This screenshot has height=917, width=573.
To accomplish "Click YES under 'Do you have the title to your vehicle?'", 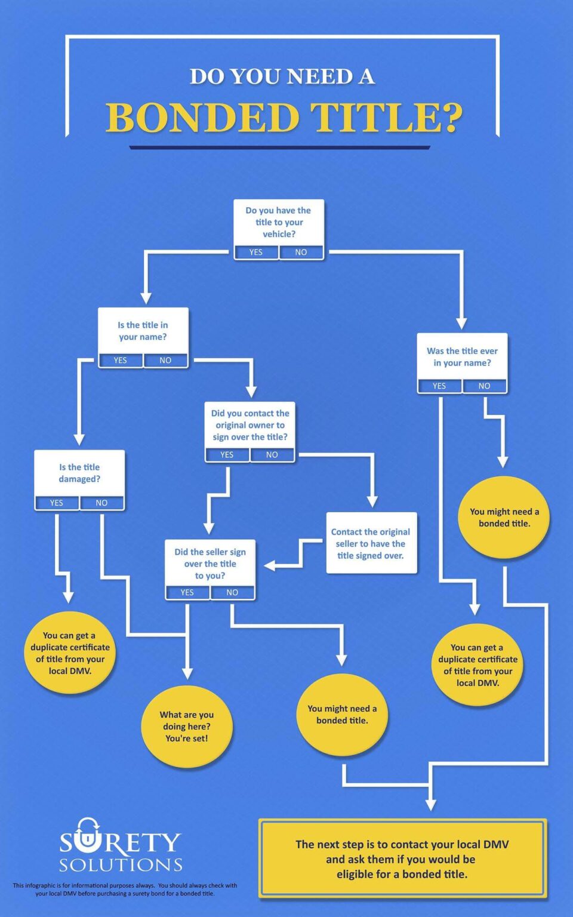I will [256, 252].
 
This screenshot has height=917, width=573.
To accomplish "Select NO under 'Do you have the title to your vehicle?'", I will [301, 252].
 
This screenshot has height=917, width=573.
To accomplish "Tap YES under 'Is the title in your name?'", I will [121, 360].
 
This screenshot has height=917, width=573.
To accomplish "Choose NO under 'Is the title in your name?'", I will [165, 360].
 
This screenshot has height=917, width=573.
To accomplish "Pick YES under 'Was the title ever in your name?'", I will [439, 386].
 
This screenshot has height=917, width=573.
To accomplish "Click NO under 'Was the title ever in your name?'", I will [484, 386].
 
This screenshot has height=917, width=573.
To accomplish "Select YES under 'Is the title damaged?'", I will [57, 503].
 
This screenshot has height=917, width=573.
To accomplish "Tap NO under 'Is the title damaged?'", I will [101, 503].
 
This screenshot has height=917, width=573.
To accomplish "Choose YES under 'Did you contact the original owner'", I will [227, 454].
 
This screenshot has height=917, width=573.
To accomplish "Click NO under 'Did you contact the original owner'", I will [272, 454].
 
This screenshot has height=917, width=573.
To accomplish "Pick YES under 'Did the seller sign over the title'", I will [187, 592].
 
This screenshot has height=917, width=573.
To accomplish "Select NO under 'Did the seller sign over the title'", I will [232, 592].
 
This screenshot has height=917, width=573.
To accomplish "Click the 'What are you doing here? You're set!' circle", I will [187, 727].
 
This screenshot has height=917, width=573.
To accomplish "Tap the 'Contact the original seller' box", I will [371, 543].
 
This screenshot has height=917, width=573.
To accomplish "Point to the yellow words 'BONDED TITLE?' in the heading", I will [284, 118].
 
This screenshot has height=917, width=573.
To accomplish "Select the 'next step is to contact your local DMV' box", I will [402, 859].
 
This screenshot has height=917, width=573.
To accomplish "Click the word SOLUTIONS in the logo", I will [121, 864].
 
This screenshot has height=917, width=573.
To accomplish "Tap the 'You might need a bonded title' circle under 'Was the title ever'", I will [504, 518].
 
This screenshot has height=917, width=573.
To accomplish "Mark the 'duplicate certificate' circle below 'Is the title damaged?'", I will [70, 653].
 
